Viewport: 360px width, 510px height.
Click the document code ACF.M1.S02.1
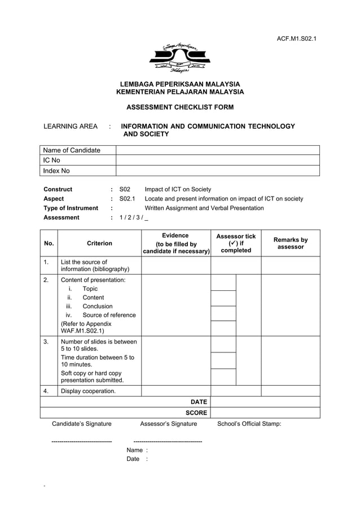click(x=296, y=38)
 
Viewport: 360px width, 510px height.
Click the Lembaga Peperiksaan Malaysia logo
click(x=179, y=58)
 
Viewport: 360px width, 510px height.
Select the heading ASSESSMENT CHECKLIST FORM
click(x=179, y=107)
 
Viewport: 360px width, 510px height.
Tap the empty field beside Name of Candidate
click(x=217, y=150)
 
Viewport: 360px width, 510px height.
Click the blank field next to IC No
click(x=217, y=160)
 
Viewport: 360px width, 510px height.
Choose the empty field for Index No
click(x=217, y=171)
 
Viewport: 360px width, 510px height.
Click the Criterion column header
click(x=99, y=243)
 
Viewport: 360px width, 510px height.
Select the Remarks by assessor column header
click(x=291, y=243)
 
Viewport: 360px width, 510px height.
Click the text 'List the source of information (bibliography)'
click(x=95, y=265)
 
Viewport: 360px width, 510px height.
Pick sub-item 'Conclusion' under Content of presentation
click(x=98, y=306)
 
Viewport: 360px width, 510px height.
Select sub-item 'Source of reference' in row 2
click(x=109, y=315)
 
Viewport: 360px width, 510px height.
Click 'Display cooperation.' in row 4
click(x=88, y=391)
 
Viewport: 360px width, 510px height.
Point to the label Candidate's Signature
click(x=82, y=424)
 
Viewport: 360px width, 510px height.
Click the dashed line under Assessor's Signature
click(x=168, y=441)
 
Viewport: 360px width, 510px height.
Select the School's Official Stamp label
click(x=249, y=424)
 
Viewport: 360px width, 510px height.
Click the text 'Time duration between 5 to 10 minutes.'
click(x=98, y=361)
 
